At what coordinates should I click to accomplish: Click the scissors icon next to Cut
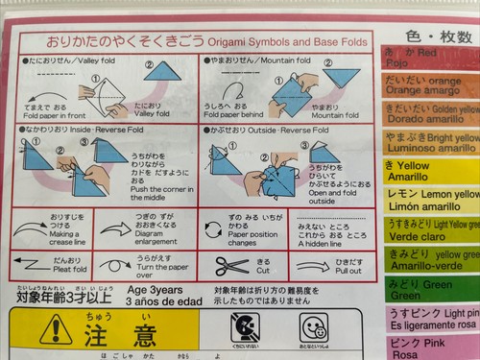pyautogui.click(x=232, y=265)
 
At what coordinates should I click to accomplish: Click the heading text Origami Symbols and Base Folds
pyautogui.click(x=266, y=42)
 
